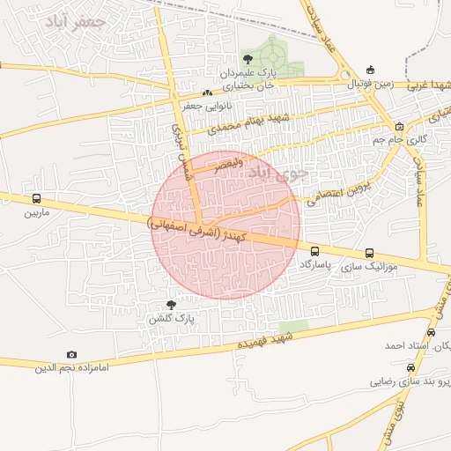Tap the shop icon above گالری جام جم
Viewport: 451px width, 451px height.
(399, 126)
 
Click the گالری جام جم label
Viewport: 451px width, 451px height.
(410, 140)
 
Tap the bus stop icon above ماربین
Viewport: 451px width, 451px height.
(36, 199)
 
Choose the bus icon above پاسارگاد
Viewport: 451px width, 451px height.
(315, 252)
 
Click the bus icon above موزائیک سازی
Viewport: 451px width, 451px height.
(368, 252)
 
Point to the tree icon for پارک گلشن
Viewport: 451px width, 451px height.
(171, 304)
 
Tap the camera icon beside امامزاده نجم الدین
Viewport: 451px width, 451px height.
(71, 355)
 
